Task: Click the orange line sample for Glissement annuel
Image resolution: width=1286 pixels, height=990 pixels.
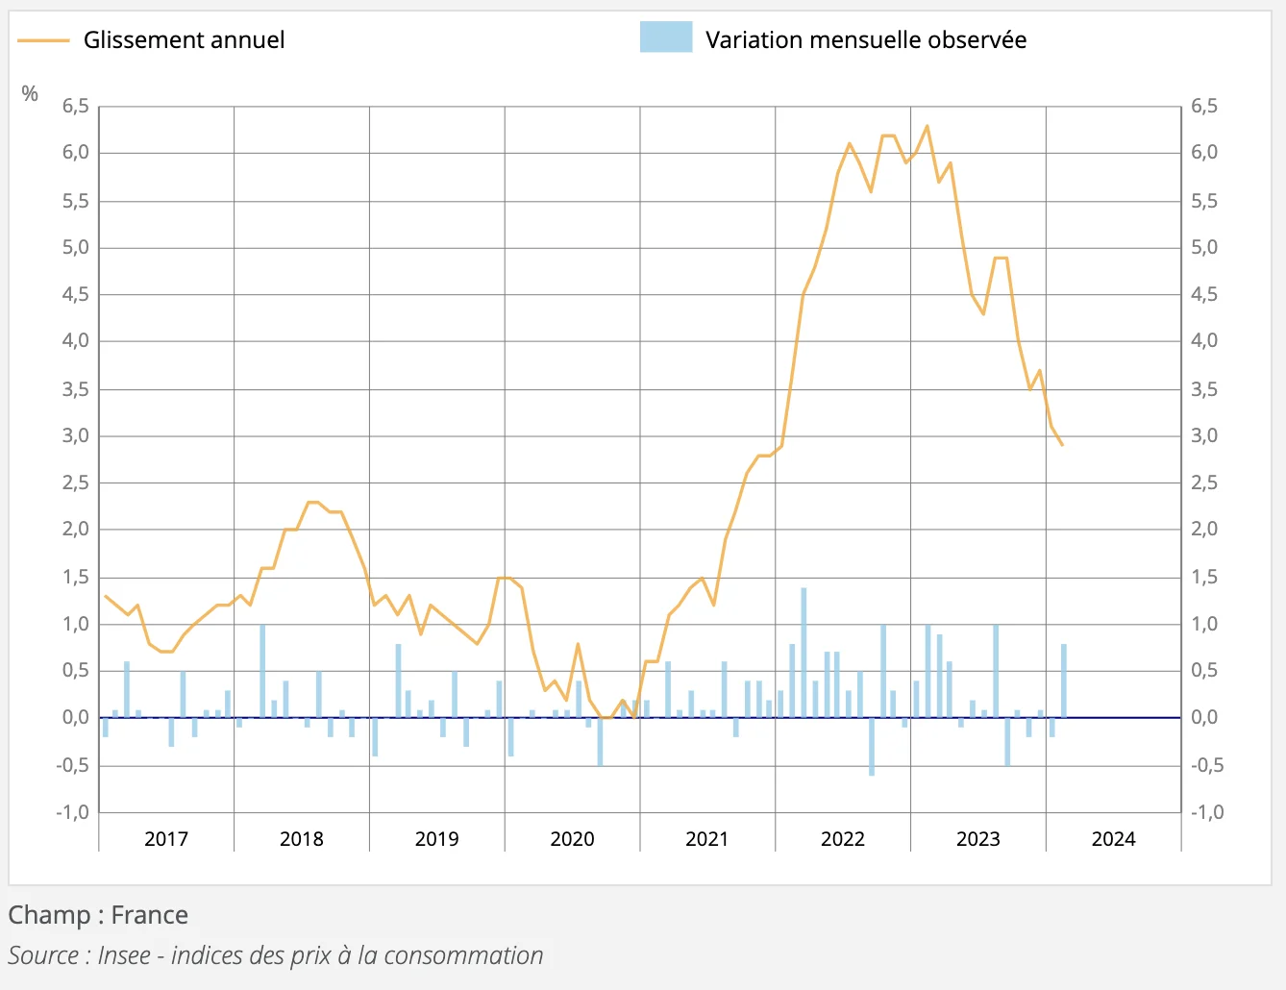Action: pyautogui.click(x=43, y=40)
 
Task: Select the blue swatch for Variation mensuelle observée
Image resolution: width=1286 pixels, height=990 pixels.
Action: pyautogui.click(x=665, y=37)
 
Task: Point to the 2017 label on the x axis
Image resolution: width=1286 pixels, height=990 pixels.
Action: pyautogui.click(x=166, y=839)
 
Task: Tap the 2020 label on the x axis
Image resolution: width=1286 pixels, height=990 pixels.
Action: pyautogui.click(x=572, y=839)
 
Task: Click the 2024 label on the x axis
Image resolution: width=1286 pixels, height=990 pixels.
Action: pyautogui.click(x=1113, y=839)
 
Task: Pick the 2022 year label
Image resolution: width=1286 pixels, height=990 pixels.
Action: pyautogui.click(x=843, y=839)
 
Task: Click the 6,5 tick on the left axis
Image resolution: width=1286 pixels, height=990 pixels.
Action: pyautogui.click(x=76, y=107)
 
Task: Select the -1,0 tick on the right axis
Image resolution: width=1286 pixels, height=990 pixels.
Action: pyautogui.click(x=1207, y=812)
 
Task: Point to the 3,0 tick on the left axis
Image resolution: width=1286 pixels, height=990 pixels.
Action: pyautogui.click(x=76, y=436)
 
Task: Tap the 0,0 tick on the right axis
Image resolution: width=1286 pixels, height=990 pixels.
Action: pyautogui.click(x=1204, y=718)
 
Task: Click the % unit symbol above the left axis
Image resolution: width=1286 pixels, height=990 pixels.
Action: pyautogui.click(x=30, y=93)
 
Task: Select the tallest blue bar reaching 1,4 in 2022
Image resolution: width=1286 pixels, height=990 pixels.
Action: pyautogui.click(x=804, y=654)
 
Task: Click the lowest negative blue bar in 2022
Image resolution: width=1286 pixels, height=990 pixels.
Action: pyautogui.click(x=872, y=746)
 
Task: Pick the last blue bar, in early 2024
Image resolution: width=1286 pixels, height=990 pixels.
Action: pyautogui.click(x=1064, y=681)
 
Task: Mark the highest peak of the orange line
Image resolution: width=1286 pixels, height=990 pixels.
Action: pyautogui.click(x=927, y=126)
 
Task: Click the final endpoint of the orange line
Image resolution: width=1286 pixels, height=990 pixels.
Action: pyautogui.click(x=1062, y=445)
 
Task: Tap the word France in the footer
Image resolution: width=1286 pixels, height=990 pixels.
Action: pyautogui.click(x=149, y=915)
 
